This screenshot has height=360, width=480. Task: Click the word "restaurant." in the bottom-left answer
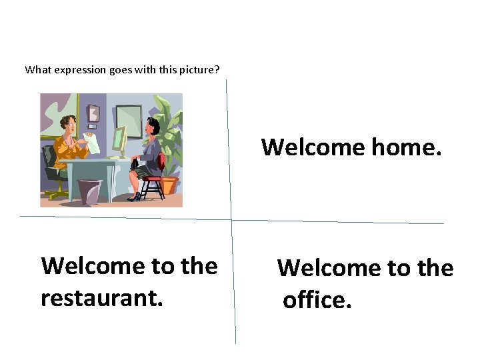point(101,298)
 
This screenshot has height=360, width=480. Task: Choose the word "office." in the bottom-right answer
point(317,300)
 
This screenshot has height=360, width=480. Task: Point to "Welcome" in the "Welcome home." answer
point(312,147)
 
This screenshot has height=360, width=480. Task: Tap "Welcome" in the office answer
point(332,268)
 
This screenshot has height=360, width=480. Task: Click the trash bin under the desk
point(89,191)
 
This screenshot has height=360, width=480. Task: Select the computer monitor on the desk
point(120,139)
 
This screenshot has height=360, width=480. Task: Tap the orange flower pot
point(171,185)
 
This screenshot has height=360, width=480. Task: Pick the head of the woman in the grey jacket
point(152,125)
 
